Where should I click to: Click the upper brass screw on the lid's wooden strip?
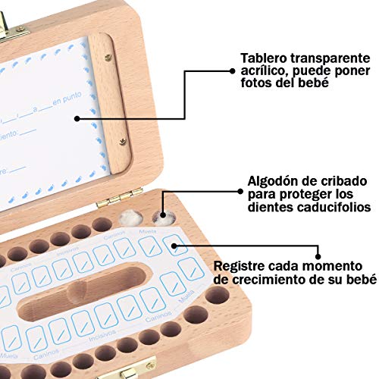click(108, 58)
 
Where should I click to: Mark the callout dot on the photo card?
click(77, 118)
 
